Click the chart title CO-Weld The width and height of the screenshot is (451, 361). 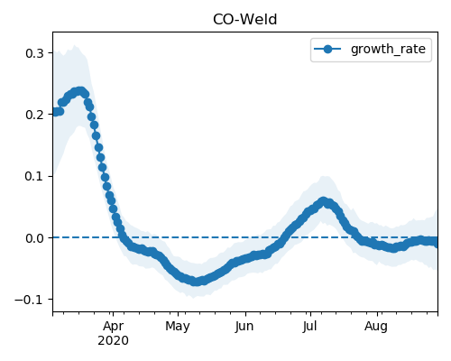point(244,20)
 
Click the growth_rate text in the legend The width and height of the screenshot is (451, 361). point(388,49)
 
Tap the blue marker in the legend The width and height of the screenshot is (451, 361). point(327,49)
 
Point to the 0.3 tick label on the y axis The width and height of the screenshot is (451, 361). point(35,53)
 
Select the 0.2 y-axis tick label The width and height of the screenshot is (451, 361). point(35,115)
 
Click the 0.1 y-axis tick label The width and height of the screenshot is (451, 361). point(35,176)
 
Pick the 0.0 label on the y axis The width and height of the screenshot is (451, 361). point(35,238)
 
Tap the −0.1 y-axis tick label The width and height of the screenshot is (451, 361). point(30,300)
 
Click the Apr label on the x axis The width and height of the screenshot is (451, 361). point(113,327)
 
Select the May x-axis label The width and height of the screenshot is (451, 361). point(178,327)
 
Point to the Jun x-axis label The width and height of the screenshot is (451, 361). point(244,327)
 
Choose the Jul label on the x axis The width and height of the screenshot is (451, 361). point(309,327)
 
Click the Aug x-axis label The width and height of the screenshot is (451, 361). point(376,327)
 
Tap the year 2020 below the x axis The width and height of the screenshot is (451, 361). point(113,341)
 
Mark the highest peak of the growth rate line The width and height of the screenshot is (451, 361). point(80,91)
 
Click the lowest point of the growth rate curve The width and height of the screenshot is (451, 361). point(196,282)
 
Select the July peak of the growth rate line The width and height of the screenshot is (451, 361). point(323,201)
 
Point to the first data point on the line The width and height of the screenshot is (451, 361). point(55,112)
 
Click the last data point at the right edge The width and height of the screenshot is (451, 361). point(436,242)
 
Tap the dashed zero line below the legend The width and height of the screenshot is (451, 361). point(245,237)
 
